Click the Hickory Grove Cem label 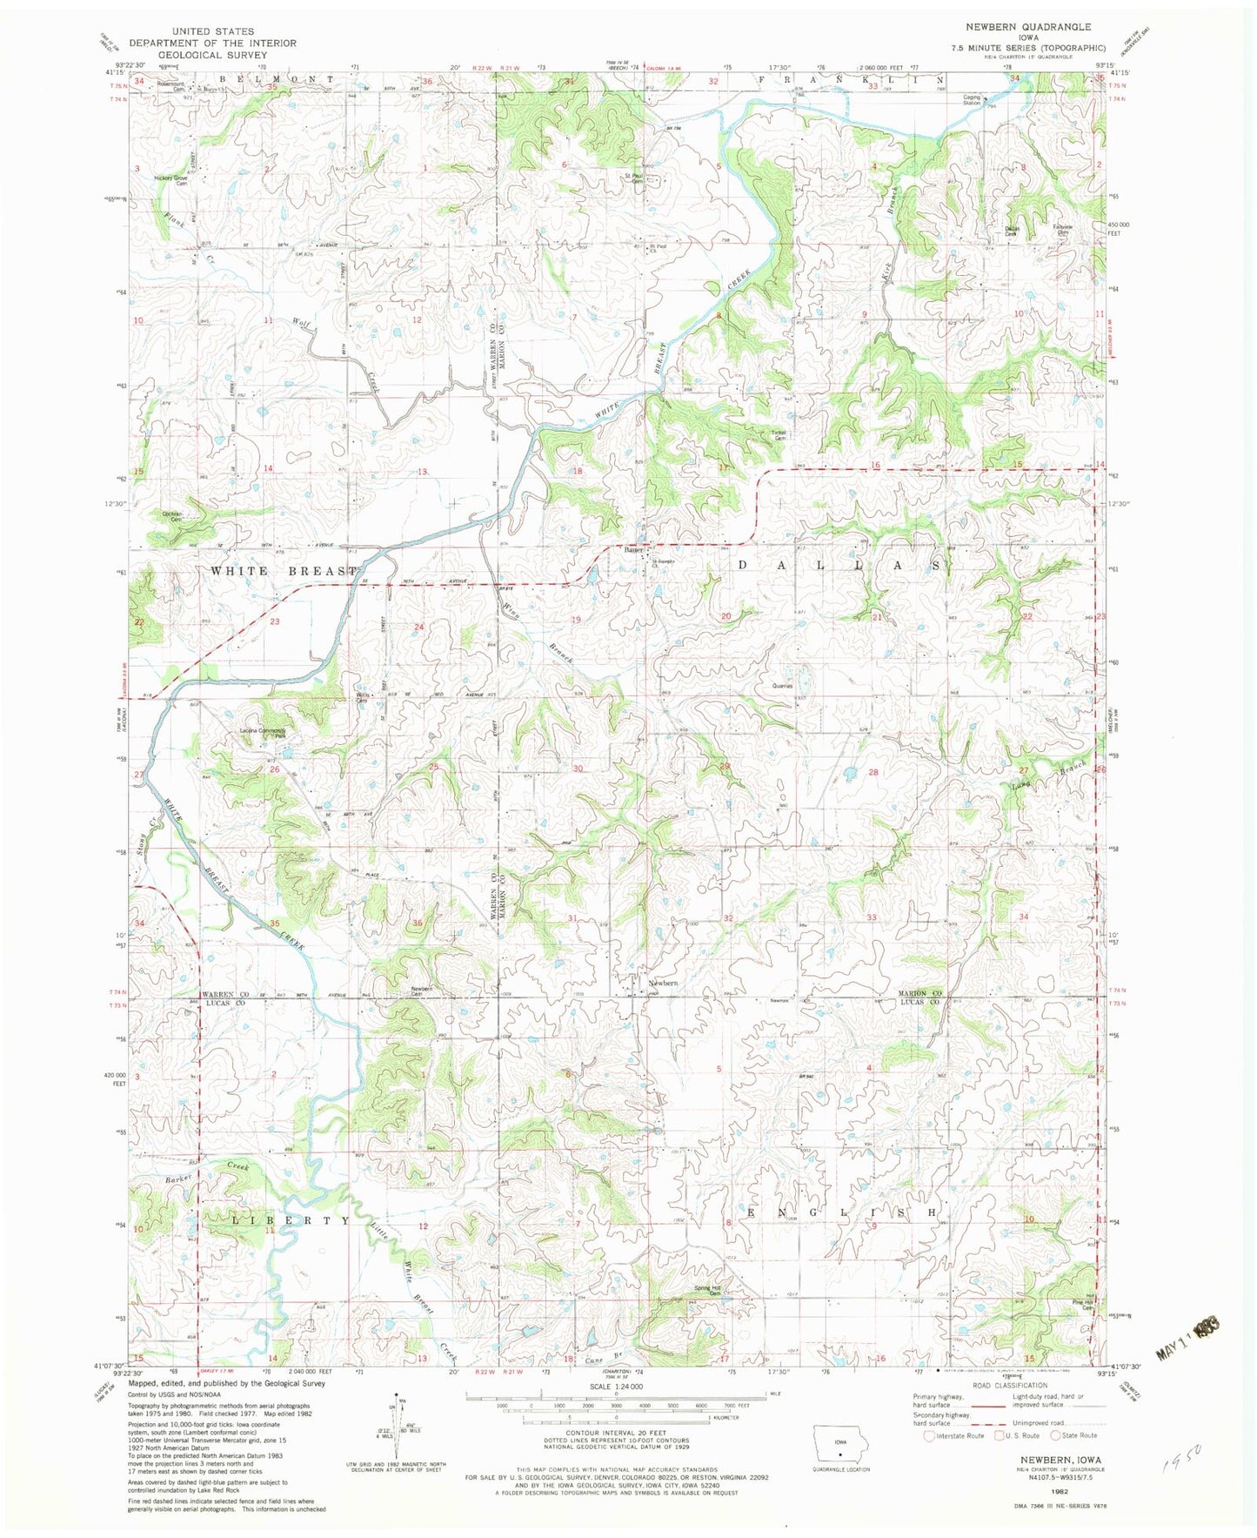[x=170, y=180]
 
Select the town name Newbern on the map [x=663, y=984]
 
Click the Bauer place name [x=632, y=549]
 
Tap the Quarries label [x=782, y=686]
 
